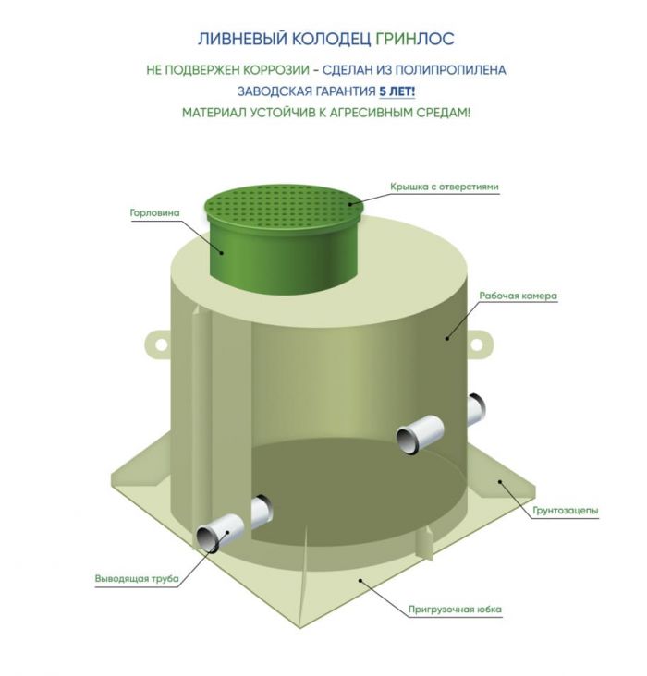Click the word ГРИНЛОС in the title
[x=414, y=39]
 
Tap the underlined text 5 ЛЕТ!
[x=397, y=91]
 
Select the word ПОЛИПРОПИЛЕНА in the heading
[x=451, y=70]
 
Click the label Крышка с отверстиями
[x=445, y=187]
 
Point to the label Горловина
[x=154, y=212]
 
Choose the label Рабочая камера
[x=518, y=296]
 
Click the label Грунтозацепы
[x=566, y=511]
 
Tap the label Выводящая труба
[x=137, y=578]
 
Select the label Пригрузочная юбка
[x=455, y=610]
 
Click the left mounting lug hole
[x=161, y=344]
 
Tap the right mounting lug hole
[x=476, y=344]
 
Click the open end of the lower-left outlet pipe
[x=209, y=538]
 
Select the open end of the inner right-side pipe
[x=407, y=440]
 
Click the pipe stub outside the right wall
[x=476, y=409]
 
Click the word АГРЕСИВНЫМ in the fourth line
[x=372, y=113]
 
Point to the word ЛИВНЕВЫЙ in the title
[x=242, y=39]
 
